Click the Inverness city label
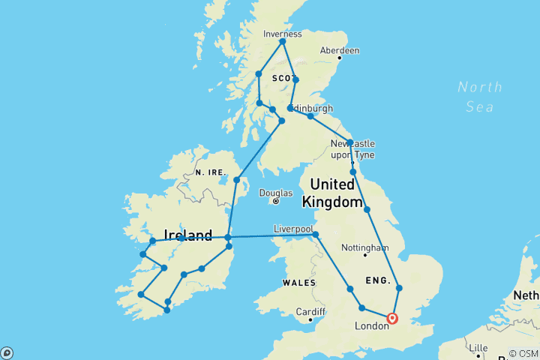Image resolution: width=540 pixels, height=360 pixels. click(283, 34)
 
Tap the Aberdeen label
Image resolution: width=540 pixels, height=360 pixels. click(340, 50)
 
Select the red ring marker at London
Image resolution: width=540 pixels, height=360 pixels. click(392, 319)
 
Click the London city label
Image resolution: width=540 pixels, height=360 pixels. click(371, 325)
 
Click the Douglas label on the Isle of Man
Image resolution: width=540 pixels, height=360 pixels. click(276, 193)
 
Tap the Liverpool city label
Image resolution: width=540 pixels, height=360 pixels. click(293, 226)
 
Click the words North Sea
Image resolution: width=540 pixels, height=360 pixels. click(479, 97)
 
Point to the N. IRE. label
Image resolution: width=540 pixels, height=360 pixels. click(211, 172)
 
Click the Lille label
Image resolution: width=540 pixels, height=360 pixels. click(478, 348)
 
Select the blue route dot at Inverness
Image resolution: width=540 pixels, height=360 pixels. click(283, 41)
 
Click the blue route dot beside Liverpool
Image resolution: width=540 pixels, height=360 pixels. click(316, 235)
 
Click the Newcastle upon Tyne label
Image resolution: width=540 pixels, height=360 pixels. click(352, 149)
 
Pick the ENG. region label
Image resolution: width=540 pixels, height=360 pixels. click(379, 280)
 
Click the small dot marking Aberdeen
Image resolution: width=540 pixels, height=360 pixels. click(339, 57)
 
